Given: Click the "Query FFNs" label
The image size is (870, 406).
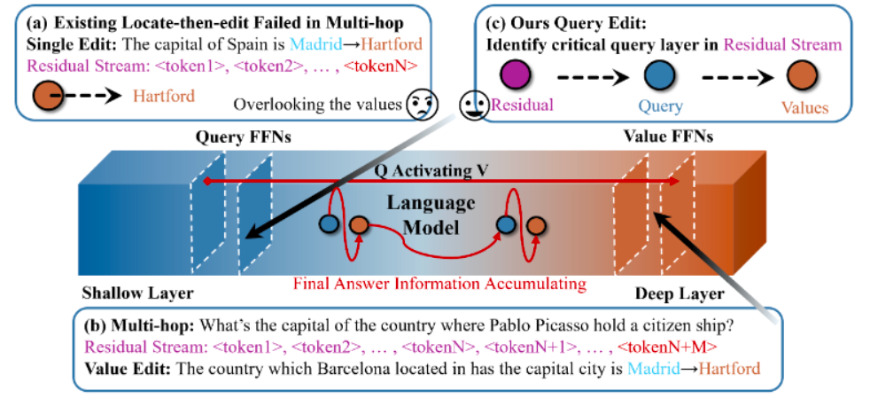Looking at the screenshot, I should pyautogui.click(x=229, y=138).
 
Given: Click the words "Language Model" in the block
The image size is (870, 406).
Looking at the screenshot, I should pyautogui.click(x=431, y=215).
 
